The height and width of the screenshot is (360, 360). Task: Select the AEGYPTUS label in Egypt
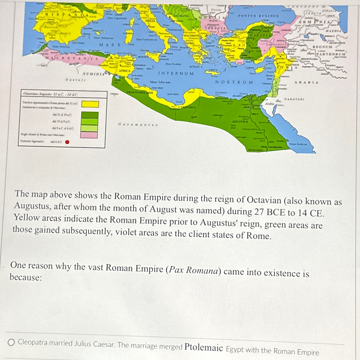click(240, 122)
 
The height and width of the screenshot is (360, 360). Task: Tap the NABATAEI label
click(294, 99)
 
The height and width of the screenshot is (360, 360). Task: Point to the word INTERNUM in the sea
click(176, 73)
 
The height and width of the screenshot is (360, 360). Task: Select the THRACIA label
click(215, 28)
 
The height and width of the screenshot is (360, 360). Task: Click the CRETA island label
click(213, 70)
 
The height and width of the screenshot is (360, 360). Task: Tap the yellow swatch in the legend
click(90, 104)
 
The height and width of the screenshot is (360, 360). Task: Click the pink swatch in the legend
click(89, 135)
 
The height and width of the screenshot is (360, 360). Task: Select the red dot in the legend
click(67, 142)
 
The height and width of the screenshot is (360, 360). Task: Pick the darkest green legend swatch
click(89, 115)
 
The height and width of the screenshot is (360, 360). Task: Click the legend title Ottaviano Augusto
click(50, 94)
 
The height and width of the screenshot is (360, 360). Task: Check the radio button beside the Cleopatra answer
click(12, 342)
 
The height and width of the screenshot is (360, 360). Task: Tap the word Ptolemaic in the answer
click(204, 348)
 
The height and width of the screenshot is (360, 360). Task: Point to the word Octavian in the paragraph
click(264, 200)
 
